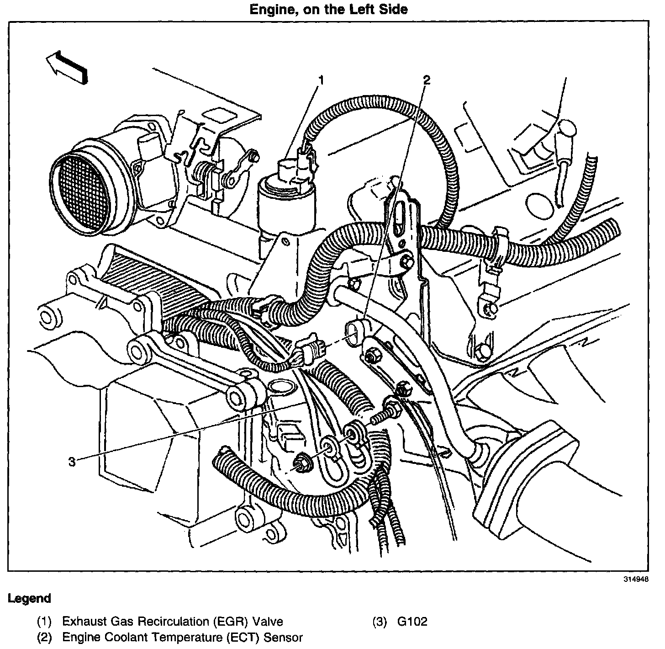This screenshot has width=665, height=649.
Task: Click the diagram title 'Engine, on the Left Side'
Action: pos(328,9)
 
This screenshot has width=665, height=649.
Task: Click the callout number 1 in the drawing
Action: pos(321,81)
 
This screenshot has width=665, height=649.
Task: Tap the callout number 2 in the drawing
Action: pos(426,80)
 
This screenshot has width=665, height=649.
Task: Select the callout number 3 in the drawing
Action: pos(72,462)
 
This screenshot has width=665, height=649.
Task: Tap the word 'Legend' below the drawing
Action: pos(29,598)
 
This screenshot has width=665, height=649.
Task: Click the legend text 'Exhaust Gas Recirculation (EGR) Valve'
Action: pos(172,622)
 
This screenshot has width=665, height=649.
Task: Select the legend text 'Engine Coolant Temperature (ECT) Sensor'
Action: pos(182,637)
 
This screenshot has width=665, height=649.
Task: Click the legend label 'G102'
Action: pos(412,622)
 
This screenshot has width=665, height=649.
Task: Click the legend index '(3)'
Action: pos(379,622)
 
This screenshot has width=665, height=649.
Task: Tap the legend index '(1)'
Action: pos(44,622)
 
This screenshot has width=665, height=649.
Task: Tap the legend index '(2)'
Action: pos(44,637)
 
